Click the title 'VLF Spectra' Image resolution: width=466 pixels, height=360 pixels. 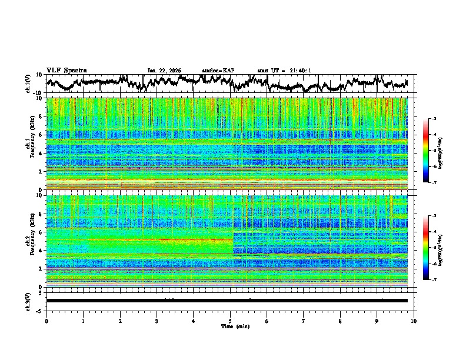point(66,70)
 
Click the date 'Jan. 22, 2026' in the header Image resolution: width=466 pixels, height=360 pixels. point(164,71)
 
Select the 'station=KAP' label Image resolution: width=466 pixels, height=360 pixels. point(218,71)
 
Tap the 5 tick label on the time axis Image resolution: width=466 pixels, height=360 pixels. point(230,321)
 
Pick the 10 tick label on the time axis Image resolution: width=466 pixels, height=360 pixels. point(414,321)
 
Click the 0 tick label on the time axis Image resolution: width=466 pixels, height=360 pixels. point(46,321)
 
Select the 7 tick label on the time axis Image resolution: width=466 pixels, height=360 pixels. point(304,321)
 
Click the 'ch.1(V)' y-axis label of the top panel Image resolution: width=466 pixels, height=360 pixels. point(29,84)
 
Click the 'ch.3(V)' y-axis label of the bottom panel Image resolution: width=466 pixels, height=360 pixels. point(29,301)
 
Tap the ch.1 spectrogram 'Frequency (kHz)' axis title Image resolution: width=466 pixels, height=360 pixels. point(29,144)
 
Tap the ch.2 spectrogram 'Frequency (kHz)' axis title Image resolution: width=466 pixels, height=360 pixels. point(29,241)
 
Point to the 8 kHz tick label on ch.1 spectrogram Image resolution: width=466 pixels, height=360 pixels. point(41,116)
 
